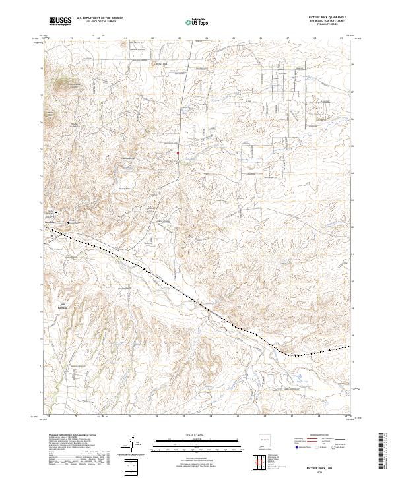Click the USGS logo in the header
coord(61,22)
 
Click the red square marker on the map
coord(178,154)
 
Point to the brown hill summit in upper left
coord(64,84)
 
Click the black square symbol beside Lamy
coord(57,212)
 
